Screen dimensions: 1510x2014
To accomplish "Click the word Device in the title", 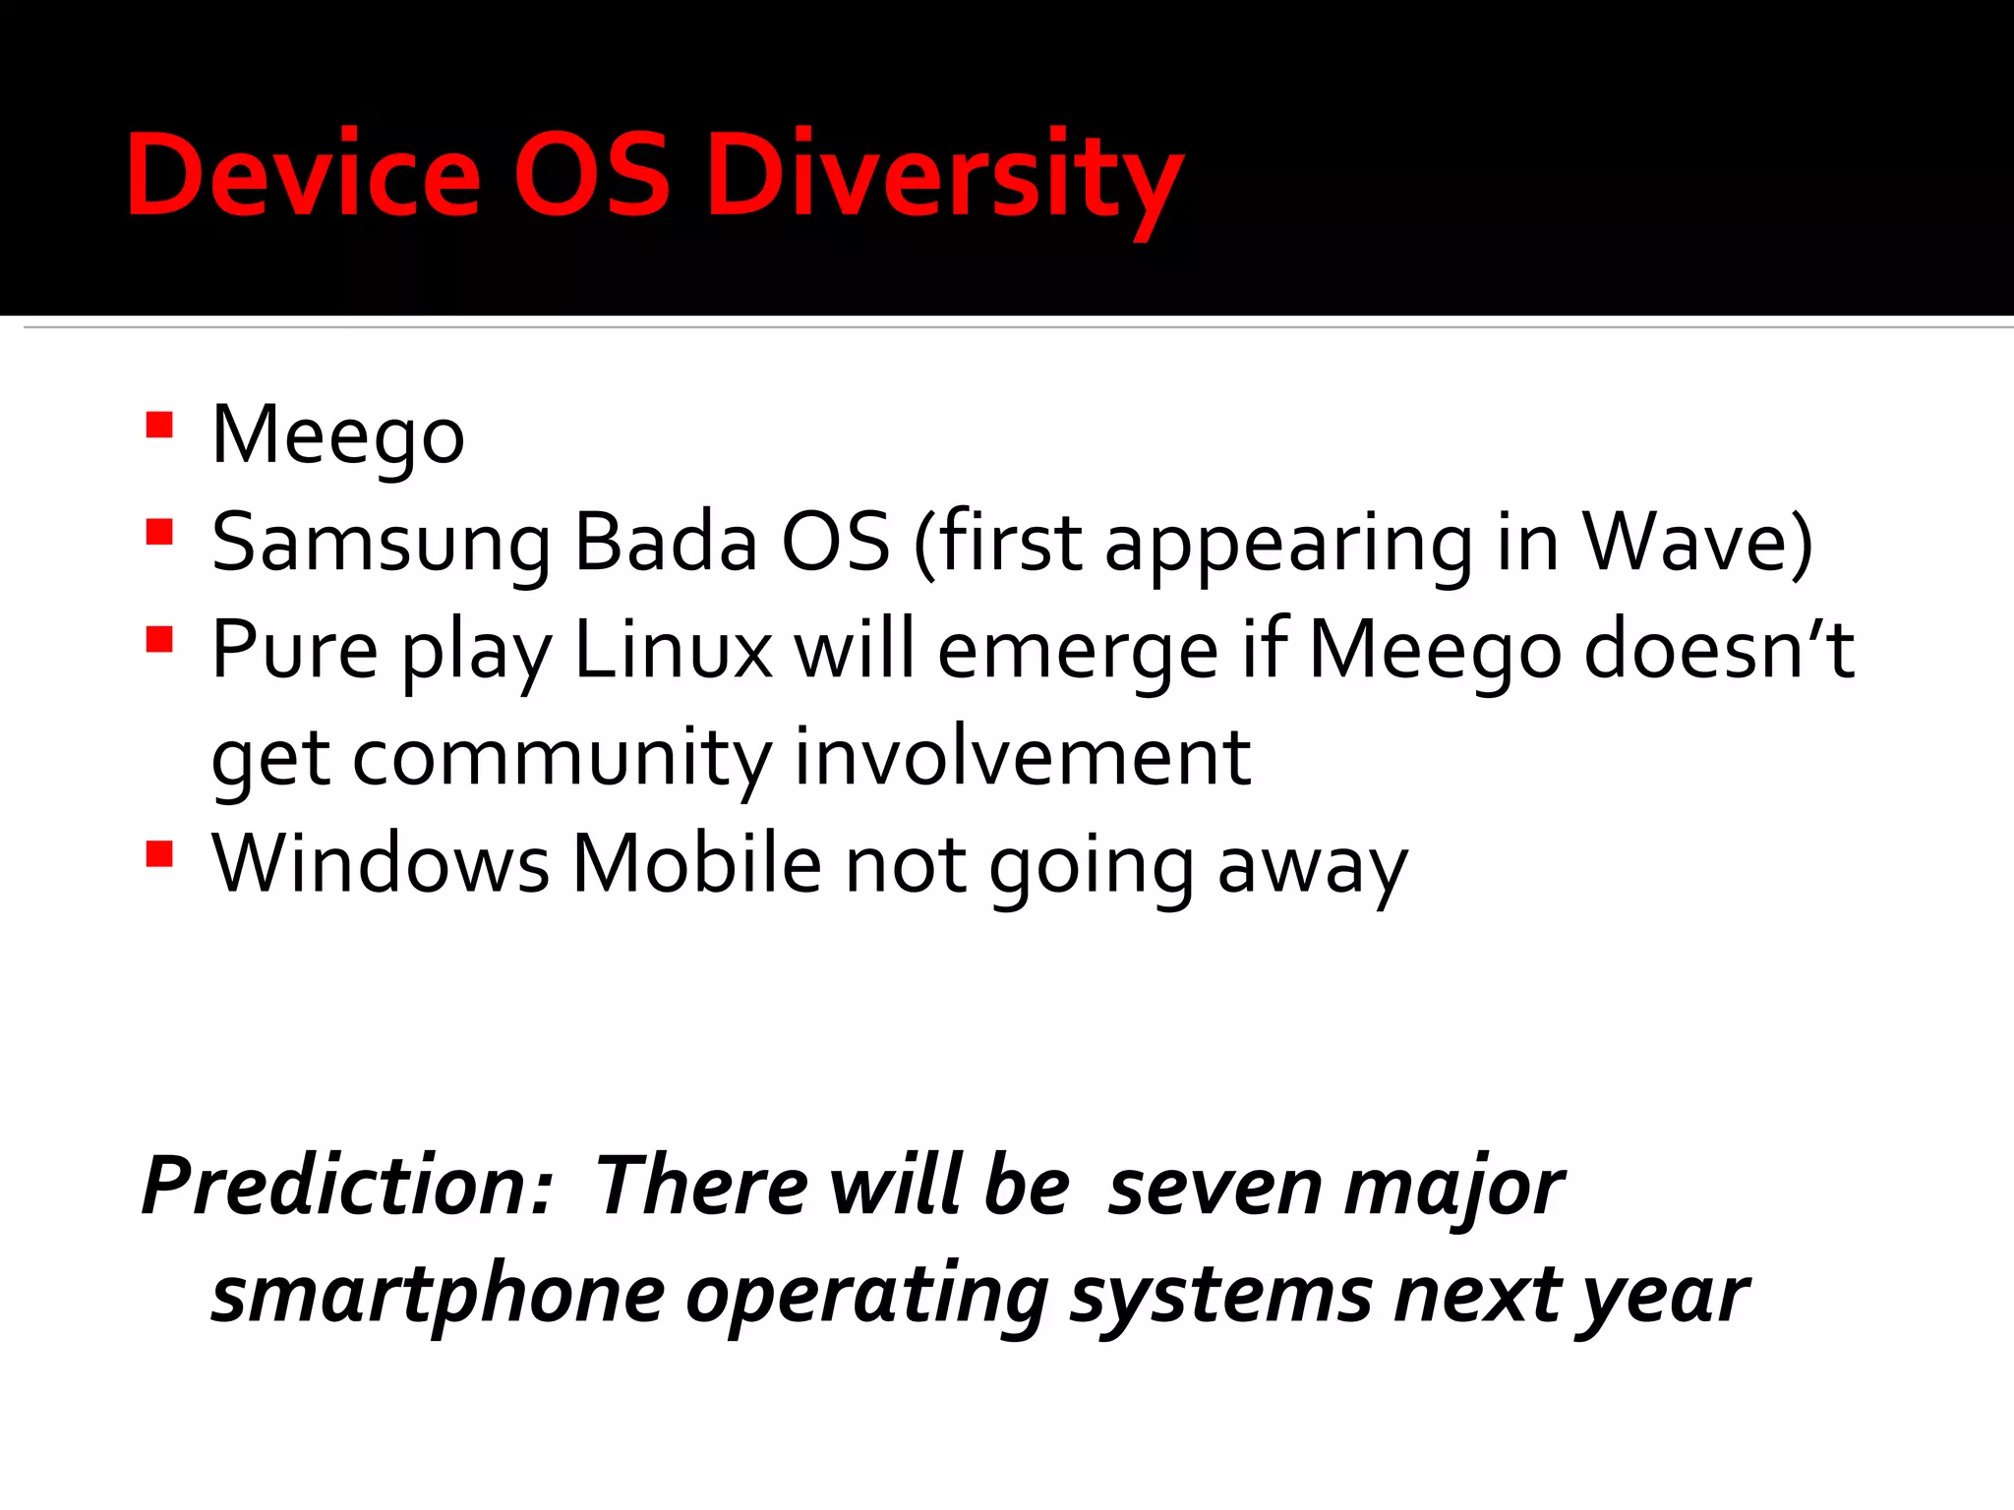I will coord(303,175).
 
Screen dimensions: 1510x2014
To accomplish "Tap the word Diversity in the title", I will coord(944,177).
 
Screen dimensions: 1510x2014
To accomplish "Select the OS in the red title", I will coord(592,175).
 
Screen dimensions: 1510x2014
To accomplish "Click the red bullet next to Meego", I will coord(159,425).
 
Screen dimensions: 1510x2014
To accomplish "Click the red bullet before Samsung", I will coord(159,532).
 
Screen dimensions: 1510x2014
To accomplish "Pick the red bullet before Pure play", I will coord(159,640).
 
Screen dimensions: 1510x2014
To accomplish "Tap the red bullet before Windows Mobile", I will coord(159,853).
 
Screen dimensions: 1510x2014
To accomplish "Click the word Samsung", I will coord(382,544).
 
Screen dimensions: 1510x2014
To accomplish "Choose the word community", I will coord(562,759).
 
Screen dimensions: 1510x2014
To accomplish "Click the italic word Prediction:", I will coord(347,1186).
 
